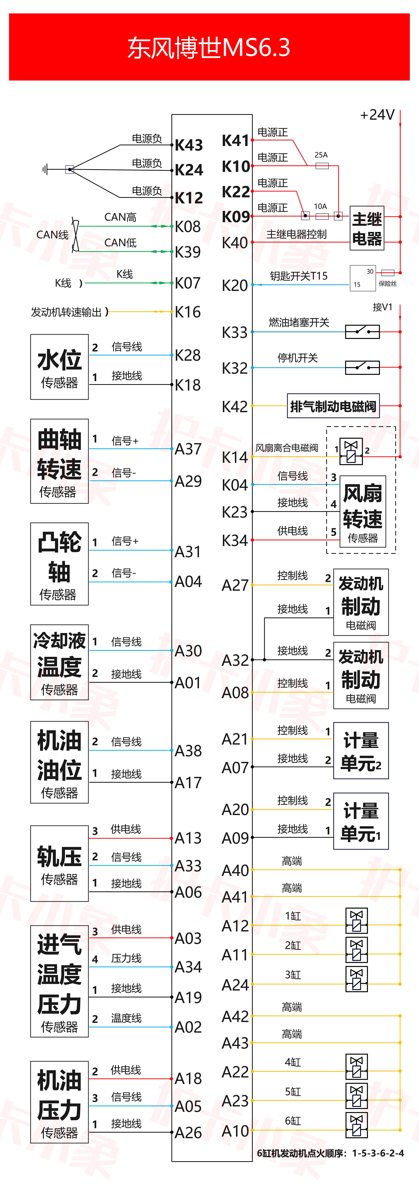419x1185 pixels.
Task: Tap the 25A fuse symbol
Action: (x=322, y=166)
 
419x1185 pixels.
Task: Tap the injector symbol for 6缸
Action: (x=356, y=1125)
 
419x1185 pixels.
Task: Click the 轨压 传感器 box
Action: (x=59, y=864)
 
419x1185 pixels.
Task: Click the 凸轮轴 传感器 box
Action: (x=59, y=564)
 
